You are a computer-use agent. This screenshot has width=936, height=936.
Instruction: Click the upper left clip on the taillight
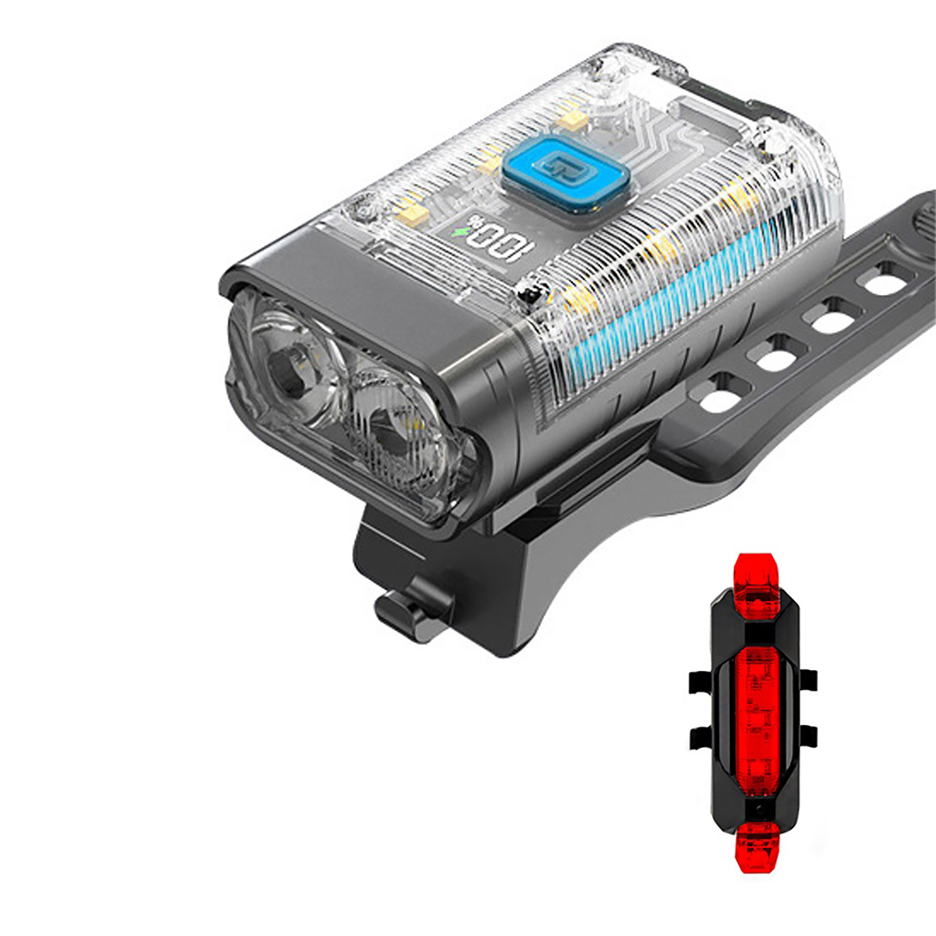pos(701,682)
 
